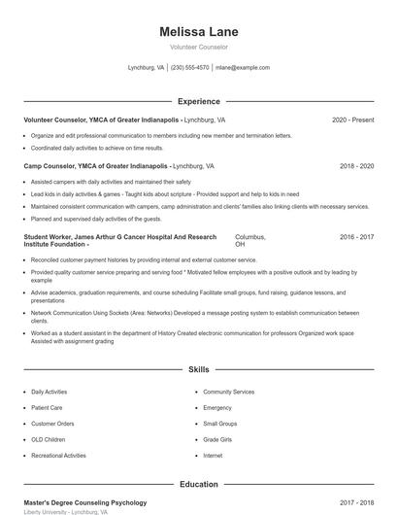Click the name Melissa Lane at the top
[198, 32]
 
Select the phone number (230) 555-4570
[190, 68]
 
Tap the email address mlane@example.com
[243, 68]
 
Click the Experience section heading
[198, 101]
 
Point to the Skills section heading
[198, 370]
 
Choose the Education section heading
[198, 483]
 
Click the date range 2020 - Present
[352, 120]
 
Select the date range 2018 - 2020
[356, 166]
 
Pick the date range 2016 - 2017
[356, 236]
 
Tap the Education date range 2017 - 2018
[356, 502]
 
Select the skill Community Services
[229, 392]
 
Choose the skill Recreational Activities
[58, 455]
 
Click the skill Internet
[213, 455]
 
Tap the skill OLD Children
[49, 439]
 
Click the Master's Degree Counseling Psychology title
[85, 502]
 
